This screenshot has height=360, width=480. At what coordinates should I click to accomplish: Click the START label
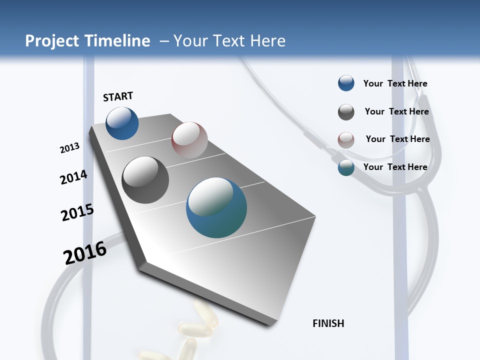click(118, 96)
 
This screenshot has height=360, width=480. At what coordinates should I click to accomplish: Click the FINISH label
click(328, 323)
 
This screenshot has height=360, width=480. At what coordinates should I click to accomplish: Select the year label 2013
click(69, 148)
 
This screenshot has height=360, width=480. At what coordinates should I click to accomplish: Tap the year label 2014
click(73, 177)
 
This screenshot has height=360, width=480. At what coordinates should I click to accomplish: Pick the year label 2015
click(77, 212)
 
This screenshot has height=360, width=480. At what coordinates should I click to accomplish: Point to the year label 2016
click(85, 252)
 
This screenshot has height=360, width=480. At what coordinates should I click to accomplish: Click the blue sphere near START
click(122, 123)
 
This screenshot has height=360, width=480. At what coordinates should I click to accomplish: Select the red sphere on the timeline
click(189, 139)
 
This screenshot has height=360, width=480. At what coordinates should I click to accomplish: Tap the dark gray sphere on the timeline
click(145, 180)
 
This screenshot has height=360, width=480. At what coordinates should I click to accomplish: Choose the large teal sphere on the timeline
click(216, 207)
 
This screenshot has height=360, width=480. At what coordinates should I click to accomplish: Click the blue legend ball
click(346, 83)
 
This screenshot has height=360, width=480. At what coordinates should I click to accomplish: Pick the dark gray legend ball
click(346, 112)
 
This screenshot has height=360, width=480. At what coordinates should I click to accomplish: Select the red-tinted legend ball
click(346, 140)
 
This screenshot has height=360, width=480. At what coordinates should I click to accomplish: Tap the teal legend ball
click(346, 167)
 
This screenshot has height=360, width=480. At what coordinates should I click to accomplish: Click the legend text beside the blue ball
click(395, 83)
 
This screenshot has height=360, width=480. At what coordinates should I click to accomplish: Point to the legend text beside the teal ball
click(395, 167)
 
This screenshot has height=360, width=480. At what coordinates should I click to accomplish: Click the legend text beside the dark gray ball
click(396, 111)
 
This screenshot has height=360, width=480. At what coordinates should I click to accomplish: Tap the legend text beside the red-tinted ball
click(397, 139)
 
